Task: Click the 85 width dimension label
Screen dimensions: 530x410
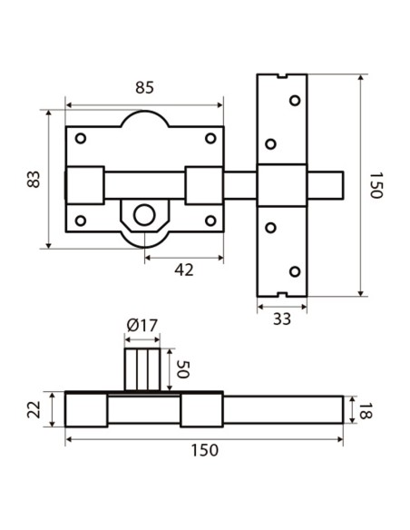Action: point(143,88)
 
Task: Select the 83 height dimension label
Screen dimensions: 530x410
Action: point(34,178)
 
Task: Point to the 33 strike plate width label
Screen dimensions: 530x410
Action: point(282,319)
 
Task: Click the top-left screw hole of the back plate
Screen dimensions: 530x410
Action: point(81,138)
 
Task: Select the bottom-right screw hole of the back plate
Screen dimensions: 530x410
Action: point(210,220)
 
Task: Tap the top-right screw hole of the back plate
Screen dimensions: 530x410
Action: point(210,138)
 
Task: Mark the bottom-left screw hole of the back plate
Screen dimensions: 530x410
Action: point(81,220)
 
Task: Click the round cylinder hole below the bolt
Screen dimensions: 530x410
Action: point(143,215)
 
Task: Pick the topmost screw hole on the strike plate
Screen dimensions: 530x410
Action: point(293,100)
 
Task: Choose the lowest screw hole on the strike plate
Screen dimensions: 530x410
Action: point(293,270)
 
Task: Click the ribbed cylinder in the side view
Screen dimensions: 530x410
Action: point(142,368)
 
